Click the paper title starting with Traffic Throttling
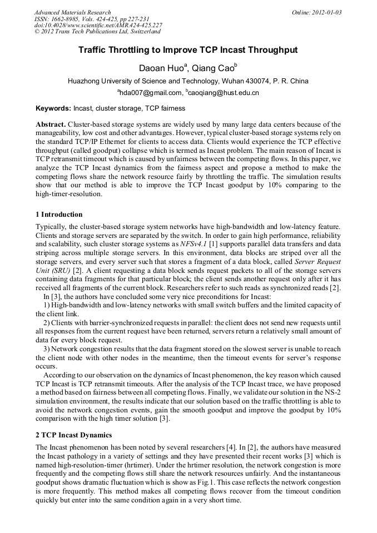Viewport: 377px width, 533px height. coord(188,50)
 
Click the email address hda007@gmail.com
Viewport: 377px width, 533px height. coord(151,93)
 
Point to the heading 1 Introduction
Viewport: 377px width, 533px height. coord(59,215)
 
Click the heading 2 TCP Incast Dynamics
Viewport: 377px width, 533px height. coord(73,435)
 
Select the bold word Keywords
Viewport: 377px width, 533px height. coord(53,108)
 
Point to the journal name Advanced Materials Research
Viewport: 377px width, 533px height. coord(72,12)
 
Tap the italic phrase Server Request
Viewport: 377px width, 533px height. coord(318,261)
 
